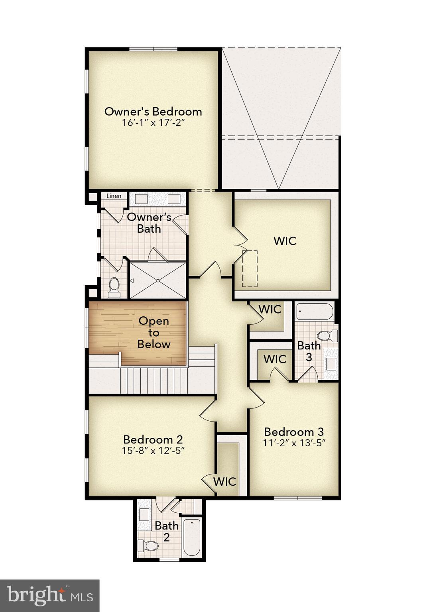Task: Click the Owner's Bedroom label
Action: [153, 112]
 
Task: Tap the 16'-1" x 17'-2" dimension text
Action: [154, 122]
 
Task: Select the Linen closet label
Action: [114, 196]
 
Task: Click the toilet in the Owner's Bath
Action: [114, 287]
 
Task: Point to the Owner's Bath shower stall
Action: [158, 280]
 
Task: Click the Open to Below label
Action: [154, 332]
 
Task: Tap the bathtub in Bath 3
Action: [315, 312]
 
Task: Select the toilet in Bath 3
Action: [327, 335]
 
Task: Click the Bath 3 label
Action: [309, 351]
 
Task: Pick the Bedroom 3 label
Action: [294, 432]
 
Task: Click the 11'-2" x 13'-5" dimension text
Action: [294, 443]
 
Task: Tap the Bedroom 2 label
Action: [153, 439]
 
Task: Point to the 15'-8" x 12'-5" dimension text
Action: [153, 451]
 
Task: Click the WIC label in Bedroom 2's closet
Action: [225, 481]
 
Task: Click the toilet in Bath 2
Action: [148, 545]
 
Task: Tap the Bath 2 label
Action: [167, 531]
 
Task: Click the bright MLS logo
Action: [50, 596]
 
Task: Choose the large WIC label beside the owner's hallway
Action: [285, 241]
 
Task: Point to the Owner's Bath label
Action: [149, 223]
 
